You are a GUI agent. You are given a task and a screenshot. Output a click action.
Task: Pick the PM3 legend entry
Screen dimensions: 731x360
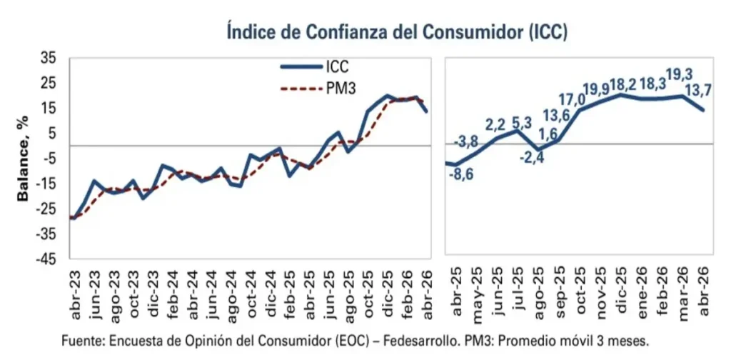(318, 89)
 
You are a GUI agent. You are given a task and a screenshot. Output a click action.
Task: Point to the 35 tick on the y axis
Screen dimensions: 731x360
(48, 59)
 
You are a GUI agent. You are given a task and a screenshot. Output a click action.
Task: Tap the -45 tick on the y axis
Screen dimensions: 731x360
(45, 260)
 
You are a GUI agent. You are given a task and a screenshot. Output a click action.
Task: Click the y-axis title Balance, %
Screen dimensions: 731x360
(23, 159)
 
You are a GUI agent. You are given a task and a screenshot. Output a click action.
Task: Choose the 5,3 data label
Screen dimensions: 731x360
(520, 125)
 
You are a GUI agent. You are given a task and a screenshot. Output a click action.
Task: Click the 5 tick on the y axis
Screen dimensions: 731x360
(52, 134)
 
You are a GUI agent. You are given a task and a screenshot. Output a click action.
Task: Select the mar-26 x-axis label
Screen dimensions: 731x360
(682, 292)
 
